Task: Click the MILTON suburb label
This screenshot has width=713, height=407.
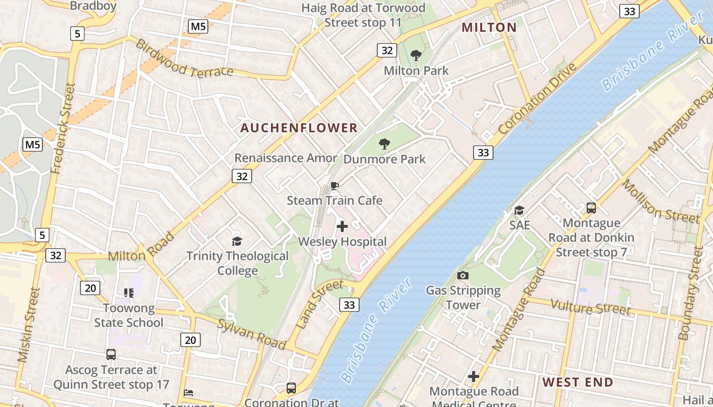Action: click(x=489, y=27)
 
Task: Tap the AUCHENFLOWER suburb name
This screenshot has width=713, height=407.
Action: click(x=299, y=128)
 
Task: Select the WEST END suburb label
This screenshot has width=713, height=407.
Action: click(x=578, y=382)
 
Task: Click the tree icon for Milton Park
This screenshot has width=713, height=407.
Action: click(x=416, y=55)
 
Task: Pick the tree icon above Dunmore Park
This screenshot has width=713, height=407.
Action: click(x=385, y=144)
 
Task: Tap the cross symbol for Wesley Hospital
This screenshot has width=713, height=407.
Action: click(x=342, y=226)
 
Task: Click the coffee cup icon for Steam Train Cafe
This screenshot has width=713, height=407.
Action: click(x=335, y=186)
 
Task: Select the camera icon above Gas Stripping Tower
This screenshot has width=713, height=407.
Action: click(x=463, y=276)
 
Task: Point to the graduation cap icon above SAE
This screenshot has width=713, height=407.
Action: click(x=519, y=210)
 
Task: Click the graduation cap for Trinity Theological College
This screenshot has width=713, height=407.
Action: click(x=237, y=241)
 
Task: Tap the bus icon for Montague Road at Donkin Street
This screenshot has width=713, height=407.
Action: click(x=591, y=208)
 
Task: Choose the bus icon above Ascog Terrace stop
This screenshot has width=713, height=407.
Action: click(x=111, y=355)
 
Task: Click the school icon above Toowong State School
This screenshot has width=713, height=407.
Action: click(x=128, y=293)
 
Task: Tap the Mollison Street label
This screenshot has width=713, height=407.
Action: click(x=661, y=201)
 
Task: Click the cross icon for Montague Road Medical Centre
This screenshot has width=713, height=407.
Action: click(x=474, y=376)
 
